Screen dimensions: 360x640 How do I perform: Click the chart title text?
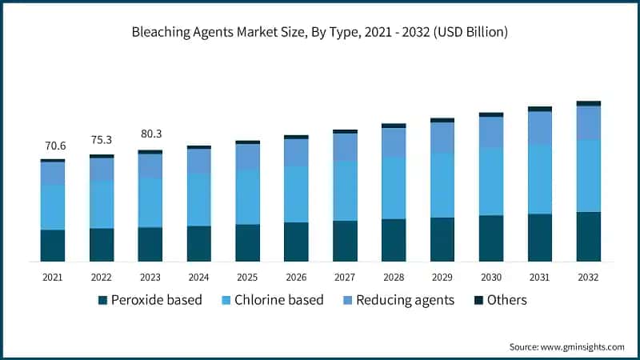tap(320, 33)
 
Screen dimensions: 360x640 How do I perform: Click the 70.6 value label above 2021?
tap(53, 146)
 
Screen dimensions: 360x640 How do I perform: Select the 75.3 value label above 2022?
tap(102, 140)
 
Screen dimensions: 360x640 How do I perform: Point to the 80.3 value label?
tap(150, 134)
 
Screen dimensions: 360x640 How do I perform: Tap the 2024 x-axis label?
tap(198, 277)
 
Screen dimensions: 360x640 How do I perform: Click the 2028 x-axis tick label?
tap(394, 277)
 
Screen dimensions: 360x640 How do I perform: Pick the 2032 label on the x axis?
tap(589, 277)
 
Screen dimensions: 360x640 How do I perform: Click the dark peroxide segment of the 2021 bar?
tap(53, 246)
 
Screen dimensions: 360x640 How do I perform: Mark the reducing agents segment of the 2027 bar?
tap(345, 146)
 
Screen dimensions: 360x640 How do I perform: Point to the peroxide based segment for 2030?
tap(491, 238)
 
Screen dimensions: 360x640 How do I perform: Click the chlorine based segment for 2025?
tap(247, 197)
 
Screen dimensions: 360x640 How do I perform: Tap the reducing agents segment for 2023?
tap(150, 166)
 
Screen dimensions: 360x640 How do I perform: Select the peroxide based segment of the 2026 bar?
tap(296, 242)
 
